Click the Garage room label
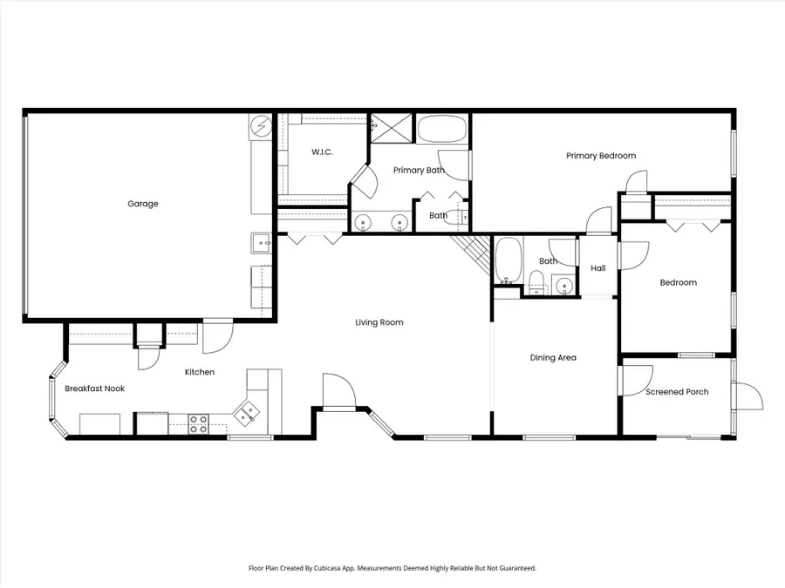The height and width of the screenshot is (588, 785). click(x=143, y=204)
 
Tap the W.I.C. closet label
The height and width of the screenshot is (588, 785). click(x=323, y=152)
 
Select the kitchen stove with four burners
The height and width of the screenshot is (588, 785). click(x=199, y=423)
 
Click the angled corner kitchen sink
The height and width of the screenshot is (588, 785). click(x=249, y=412)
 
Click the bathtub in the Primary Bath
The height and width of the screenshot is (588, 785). click(x=442, y=130)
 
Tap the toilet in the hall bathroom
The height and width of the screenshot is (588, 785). click(x=537, y=281)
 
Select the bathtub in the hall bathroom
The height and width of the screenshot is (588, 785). click(x=508, y=261)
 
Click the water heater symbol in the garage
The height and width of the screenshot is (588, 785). click(x=262, y=127)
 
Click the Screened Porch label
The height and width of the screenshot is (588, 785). click(x=677, y=392)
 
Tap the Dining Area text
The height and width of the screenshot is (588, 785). click(x=553, y=357)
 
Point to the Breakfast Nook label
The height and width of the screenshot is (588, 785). click(x=95, y=389)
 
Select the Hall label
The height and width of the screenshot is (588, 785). click(x=597, y=268)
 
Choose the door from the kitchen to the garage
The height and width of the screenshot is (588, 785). click(x=216, y=335)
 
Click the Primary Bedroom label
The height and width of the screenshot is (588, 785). click(x=600, y=156)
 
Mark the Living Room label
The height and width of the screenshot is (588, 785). click(x=379, y=322)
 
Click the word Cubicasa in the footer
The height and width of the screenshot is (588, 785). click(x=352, y=568)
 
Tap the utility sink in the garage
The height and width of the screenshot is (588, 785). click(x=261, y=241)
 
